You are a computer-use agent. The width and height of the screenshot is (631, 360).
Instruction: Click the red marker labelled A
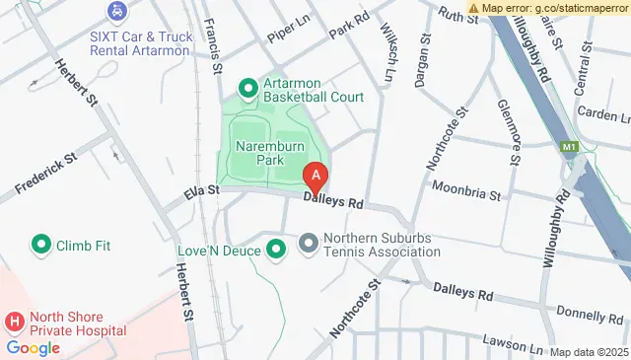315,178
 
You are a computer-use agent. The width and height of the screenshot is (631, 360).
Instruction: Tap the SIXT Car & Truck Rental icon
117,12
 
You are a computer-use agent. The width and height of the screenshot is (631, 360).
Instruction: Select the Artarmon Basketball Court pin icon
247,90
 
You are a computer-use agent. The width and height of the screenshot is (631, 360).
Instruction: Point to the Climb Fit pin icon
41,244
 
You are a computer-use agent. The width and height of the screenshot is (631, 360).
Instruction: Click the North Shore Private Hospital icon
15,322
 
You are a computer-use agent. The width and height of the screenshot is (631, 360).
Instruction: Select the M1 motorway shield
569,148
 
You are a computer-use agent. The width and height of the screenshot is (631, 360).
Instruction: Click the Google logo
34,347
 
